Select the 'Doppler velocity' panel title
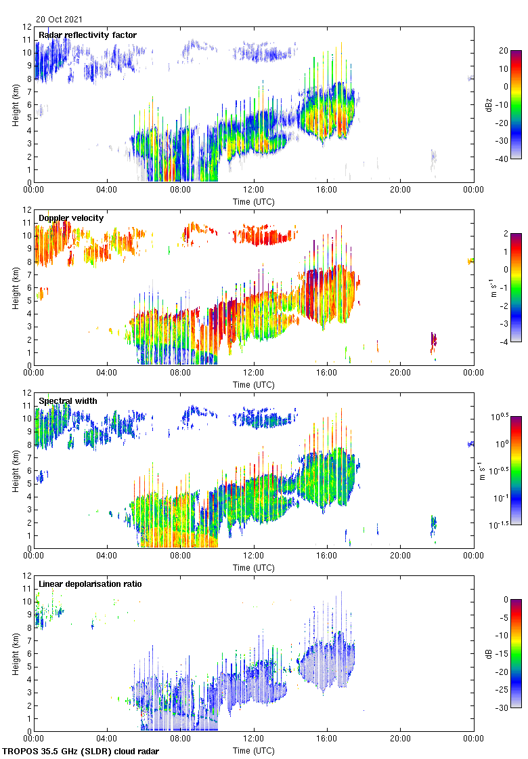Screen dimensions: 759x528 71,218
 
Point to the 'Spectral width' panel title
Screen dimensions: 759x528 68,401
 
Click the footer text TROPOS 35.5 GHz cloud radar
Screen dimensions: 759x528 81,752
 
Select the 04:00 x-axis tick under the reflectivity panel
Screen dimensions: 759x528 107,191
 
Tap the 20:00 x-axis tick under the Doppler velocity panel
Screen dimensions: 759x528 400,374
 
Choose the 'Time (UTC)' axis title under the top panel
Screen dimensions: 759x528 254,201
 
